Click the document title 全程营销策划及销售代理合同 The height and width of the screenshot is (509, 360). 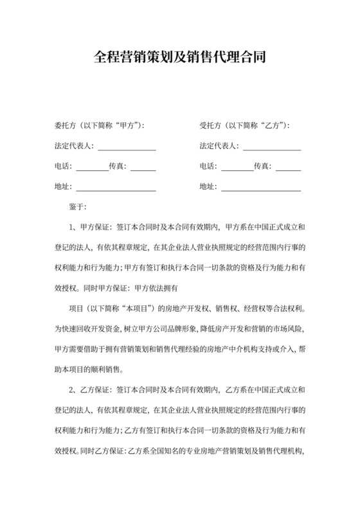[179, 57]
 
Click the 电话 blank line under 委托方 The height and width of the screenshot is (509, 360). [92, 168]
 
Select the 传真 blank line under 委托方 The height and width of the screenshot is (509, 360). [143, 168]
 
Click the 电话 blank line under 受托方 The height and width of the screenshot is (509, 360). [237, 168]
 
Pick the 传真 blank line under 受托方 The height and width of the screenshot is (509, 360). [288, 168]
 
